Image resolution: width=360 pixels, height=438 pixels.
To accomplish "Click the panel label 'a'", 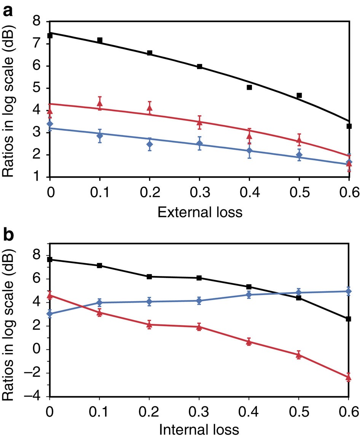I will tap(9, 11).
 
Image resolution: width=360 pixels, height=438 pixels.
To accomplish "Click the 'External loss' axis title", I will tap(200, 212).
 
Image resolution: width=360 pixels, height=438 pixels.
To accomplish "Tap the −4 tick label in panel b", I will tap(35, 396).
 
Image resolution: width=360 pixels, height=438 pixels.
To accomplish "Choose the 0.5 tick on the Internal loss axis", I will tap(298, 411).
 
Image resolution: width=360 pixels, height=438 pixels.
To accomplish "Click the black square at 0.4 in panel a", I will tap(249, 87).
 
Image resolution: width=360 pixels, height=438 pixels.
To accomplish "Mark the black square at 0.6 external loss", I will tap(349, 126).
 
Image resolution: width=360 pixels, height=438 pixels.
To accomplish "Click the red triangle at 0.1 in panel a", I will tap(100, 103).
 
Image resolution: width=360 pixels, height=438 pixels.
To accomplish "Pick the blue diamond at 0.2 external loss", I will tap(150, 144).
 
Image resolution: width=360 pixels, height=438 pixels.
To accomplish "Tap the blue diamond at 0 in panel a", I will tap(50, 124).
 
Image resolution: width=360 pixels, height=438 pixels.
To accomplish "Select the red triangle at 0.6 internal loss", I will tap(348, 378).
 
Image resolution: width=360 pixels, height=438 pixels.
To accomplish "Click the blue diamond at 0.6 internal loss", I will tap(348, 291).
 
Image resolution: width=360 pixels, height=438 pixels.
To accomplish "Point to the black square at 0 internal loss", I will tap(50, 260).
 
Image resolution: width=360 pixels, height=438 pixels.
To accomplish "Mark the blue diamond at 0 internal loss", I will tap(50, 314).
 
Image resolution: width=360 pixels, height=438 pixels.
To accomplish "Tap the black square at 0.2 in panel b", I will tap(150, 277).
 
